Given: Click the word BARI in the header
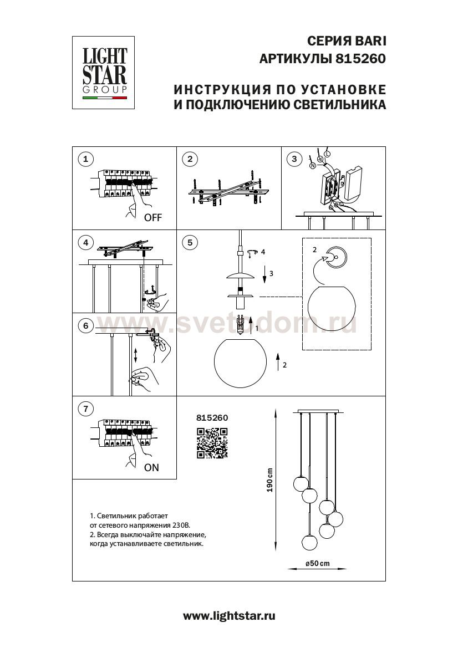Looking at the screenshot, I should [x=369, y=40].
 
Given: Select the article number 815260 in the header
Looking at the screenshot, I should [x=360, y=57].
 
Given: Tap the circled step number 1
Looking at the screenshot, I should [x=85, y=160].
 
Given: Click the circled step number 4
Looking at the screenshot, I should [x=85, y=242].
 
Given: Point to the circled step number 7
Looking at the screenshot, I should [x=85, y=410].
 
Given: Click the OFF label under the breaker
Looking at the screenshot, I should [x=152, y=218].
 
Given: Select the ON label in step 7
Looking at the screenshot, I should [x=151, y=467].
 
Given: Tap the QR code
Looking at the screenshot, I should [x=212, y=443].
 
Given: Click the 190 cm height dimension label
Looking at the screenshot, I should [x=269, y=480].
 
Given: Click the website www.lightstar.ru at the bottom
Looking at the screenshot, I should [x=229, y=615].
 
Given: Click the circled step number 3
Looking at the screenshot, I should [x=294, y=160].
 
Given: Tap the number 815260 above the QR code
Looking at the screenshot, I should [x=212, y=418].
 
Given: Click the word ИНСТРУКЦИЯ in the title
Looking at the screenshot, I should [x=214, y=89].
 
